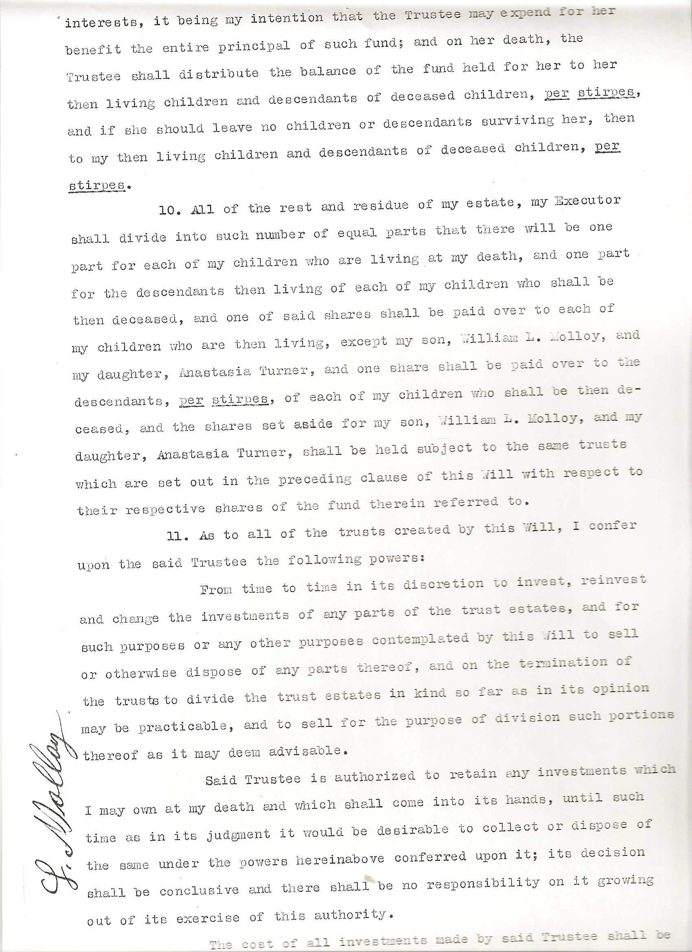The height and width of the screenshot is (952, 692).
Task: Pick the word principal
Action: [x=254, y=45]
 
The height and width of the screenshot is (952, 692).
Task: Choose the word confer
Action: [x=612, y=526]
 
